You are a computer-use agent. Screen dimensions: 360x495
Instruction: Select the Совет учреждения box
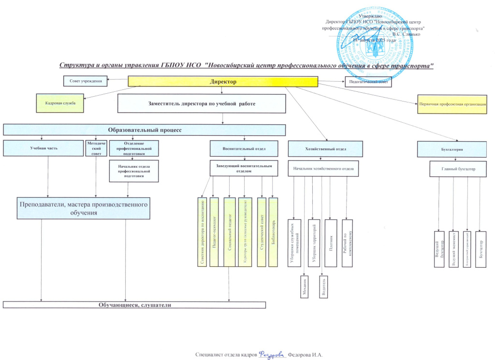[x=85, y=81]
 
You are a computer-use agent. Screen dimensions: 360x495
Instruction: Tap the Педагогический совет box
[x=367, y=82]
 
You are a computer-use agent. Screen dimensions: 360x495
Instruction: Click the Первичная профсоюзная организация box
[x=452, y=104]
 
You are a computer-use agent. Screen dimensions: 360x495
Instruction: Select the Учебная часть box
[x=44, y=148]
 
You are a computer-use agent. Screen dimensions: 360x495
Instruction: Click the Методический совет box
[x=96, y=148]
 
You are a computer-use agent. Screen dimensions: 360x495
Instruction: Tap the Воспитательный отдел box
[x=244, y=148]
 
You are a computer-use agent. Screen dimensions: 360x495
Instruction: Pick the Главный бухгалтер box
[x=458, y=169]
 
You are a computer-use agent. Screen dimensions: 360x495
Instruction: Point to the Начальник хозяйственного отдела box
[x=324, y=169]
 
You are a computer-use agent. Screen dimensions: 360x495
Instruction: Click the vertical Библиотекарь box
[x=274, y=232]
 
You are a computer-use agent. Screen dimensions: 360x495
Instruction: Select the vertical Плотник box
[x=331, y=243]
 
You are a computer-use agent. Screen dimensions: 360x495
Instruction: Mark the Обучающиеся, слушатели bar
[x=134, y=305]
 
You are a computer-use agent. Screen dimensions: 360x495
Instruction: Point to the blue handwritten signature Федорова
[x=273, y=354]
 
